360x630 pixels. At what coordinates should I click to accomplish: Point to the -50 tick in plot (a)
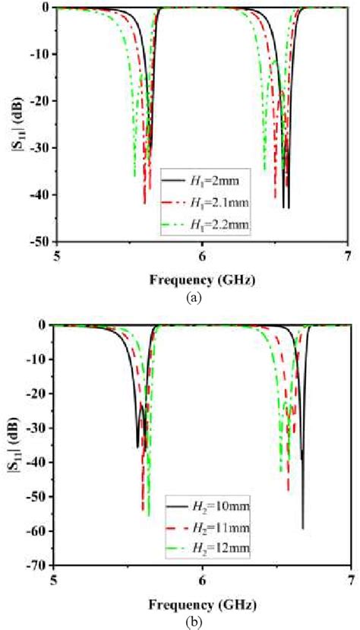click(39, 242)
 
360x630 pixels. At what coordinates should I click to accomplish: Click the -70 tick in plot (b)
click(39, 565)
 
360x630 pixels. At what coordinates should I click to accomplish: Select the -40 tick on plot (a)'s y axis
click(39, 195)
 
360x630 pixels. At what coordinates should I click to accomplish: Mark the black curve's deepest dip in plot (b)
click(302, 527)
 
